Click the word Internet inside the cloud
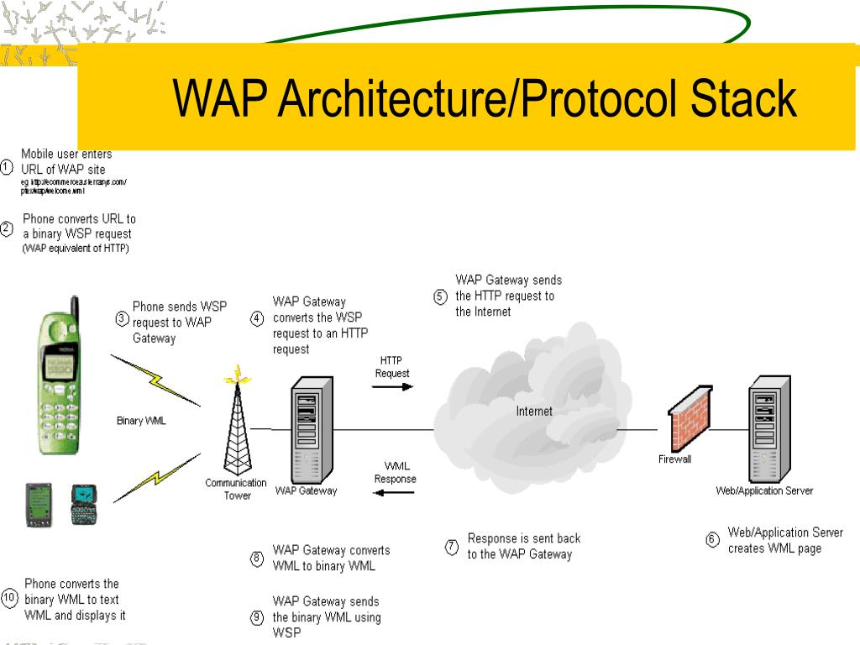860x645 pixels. (x=534, y=412)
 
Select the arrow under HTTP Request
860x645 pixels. (x=392, y=387)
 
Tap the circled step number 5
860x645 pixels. (x=440, y=296)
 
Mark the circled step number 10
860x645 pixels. (x=9, y=599)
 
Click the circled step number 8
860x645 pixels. (x=257, y=558)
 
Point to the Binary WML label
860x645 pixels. (x=141, y=422)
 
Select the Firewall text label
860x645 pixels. (x=674, y=459)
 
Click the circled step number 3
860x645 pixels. (x=121, y=318)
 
